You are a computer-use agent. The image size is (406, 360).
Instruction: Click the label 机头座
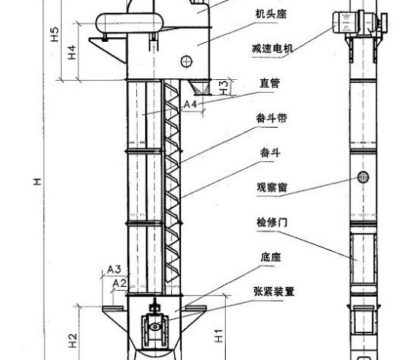[x=271, y=14]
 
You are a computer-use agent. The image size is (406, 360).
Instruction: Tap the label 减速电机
[x=272, y=49]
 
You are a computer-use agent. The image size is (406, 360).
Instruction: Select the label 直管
[x=270, y=83]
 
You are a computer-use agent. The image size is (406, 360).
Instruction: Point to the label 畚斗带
[x=271, y=118]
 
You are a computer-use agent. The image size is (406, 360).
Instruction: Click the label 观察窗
[x=272, y=187]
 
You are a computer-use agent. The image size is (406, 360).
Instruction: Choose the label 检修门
[x=272, y=222]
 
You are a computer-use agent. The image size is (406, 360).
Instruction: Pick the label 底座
[x=271, y=257]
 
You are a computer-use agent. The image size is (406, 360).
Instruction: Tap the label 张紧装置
[x=274, y=292]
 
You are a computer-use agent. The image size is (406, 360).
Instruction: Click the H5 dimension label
[x=55, y=34]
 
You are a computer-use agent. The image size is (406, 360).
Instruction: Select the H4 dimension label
[x=72, y=52]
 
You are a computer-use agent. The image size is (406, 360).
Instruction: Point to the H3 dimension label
[x=224, y=88]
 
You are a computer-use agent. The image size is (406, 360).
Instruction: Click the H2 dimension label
[x=73, y=340]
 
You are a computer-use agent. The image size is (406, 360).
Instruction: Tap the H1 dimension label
[x=219, y=336]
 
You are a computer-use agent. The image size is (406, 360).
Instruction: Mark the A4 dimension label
[x=190, y=104]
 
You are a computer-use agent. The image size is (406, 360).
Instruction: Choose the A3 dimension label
[x=114, y=269]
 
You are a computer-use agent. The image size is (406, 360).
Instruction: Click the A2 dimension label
[x=120, y=284]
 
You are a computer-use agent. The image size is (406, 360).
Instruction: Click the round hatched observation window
[x=363, y=177]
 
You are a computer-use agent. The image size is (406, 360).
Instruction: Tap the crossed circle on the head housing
[x=186, y=62]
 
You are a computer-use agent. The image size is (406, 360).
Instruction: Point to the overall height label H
[x=37, y=182]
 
